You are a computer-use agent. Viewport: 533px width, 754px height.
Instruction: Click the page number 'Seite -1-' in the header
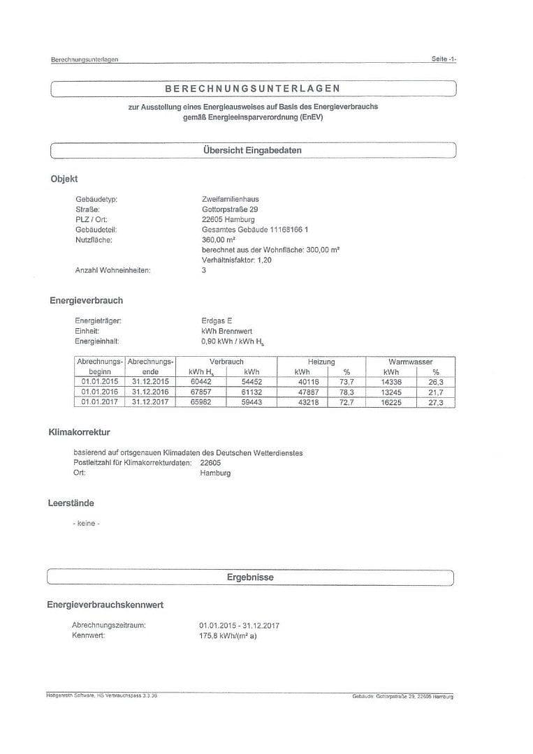coord(444,59)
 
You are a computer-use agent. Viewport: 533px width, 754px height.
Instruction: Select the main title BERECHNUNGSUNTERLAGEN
coord(252,89)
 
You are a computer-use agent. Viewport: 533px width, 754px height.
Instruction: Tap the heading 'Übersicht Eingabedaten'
coord(252,150)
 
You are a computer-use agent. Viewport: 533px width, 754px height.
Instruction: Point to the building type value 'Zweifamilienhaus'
coord(230,200)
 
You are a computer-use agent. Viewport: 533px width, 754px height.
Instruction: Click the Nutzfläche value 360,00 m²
coord(218,239)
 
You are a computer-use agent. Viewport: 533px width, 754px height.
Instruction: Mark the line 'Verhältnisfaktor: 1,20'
coord(236,260)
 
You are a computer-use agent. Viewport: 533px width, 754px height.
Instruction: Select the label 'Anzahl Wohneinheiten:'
coord(112,270)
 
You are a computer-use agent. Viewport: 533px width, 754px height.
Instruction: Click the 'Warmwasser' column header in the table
coord(411,362)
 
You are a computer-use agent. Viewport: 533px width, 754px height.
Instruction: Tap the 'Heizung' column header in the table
coord(321,362)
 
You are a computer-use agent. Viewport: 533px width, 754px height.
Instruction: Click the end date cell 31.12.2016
coord(150,392)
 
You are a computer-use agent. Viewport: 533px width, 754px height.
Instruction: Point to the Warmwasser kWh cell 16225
coord(391,403)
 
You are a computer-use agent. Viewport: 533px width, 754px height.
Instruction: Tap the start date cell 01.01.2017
coord(100,403)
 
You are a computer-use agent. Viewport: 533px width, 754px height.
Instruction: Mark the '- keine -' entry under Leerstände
coord(86,524)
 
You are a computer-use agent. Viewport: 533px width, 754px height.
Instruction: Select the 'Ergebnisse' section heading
coord(250,577)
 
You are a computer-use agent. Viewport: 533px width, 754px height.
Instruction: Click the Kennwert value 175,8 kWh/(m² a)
coord(228,636)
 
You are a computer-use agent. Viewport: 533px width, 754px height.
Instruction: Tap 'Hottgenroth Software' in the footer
coord(70,696)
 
